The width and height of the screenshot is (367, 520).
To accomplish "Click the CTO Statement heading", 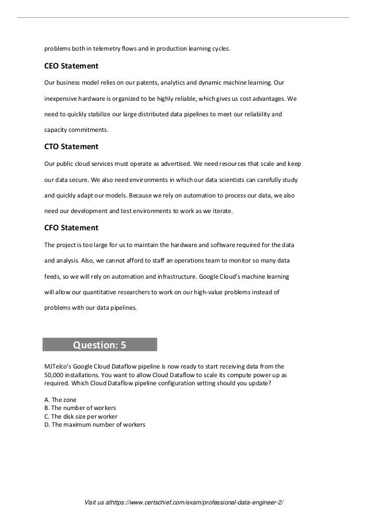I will [71, 146].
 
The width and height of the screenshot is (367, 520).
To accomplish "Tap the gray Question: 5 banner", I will [100, 345].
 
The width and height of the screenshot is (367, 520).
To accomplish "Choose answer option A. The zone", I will [60, 399].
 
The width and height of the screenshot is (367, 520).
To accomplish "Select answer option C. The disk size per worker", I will [81, 416].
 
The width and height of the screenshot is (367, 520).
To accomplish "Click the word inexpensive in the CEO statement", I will [62, 98].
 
